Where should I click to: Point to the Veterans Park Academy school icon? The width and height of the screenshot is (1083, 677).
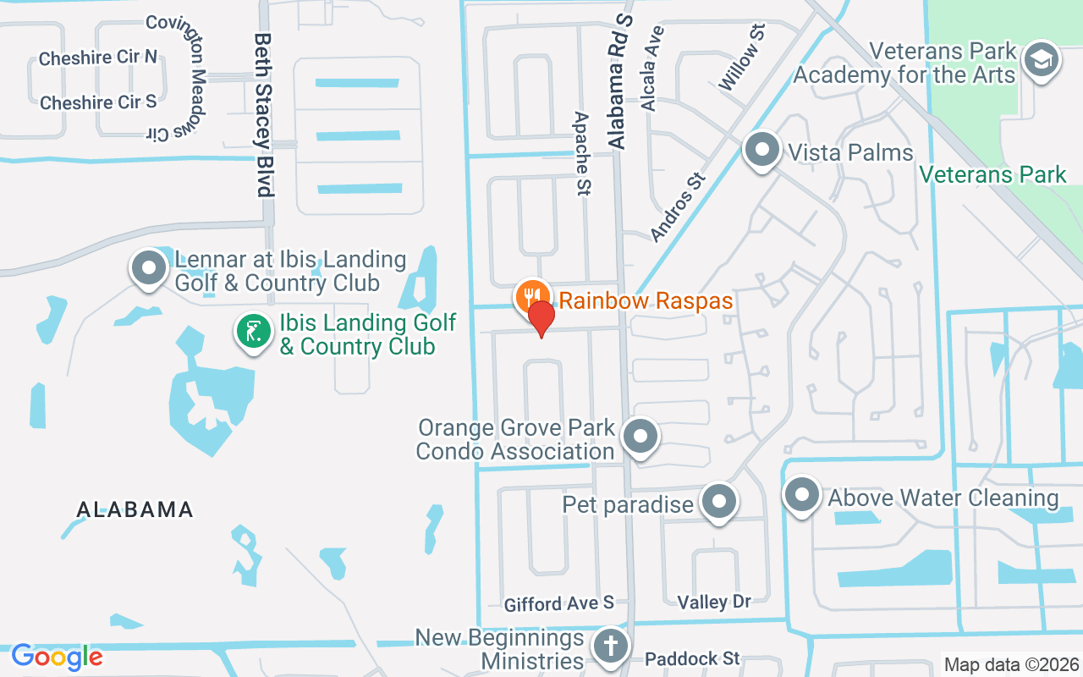click(1041, 60)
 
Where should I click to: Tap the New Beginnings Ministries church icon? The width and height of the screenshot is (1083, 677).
click(608, 646)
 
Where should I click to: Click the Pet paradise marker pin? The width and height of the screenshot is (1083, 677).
click(719, 502)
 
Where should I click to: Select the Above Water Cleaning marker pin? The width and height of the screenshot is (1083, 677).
click(801, 494)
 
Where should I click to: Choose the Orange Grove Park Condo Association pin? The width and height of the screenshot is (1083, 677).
click(640, 437)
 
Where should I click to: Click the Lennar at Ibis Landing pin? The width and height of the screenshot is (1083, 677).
click(150, 267)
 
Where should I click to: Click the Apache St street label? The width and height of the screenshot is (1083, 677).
click(581, 154)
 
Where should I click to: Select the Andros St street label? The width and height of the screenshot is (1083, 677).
click(677, 207)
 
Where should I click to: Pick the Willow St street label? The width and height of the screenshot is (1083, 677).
click(742, 58)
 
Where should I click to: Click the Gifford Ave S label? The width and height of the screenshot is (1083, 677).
click(558, 603)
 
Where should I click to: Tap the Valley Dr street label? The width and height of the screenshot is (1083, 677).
click(714, 602)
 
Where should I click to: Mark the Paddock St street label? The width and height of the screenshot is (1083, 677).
click(692, 658)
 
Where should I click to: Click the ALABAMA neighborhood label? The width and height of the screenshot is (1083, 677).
click(135, 509)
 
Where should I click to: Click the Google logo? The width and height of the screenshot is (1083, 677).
click(57, 657)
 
